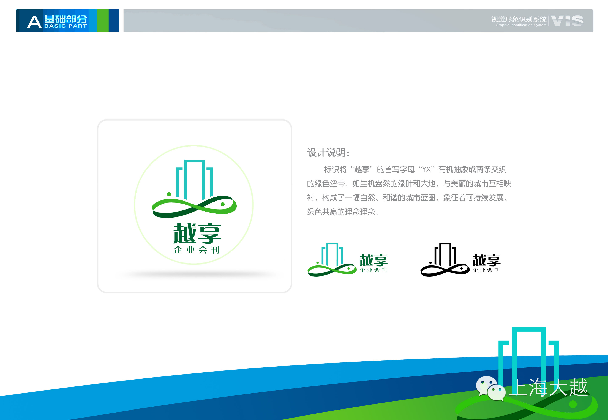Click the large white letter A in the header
tap(34, 22)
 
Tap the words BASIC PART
tap(66, 26)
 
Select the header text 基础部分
tap(66, 19)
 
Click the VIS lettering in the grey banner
tap(567, 21)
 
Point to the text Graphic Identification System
tap(521, 25)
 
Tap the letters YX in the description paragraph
tap(426, 169)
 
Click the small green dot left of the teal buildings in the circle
tap(169, 194)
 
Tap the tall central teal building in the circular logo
tap(195, 180)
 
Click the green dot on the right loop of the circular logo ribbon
tap(222, 204)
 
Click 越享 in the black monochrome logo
tap(487, 260)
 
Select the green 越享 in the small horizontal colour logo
tap(373, 260)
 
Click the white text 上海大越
tap(548, 387)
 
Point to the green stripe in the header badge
tap(103, 21)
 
